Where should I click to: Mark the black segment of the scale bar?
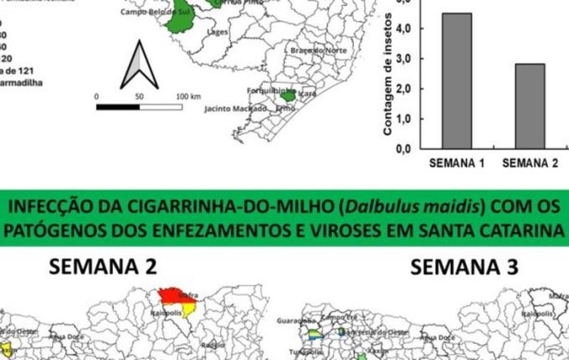(x=118, y=106)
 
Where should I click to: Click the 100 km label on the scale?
(x=188, y=97)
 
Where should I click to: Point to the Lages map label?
(x=218, y=33)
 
